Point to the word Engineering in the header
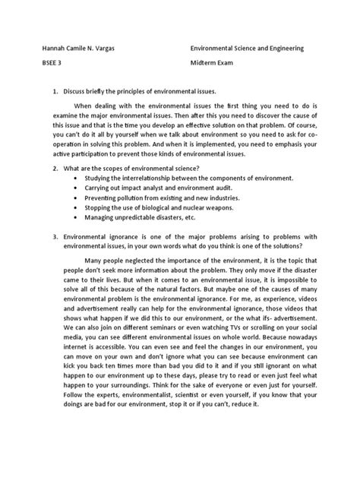[x=283, y=48]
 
